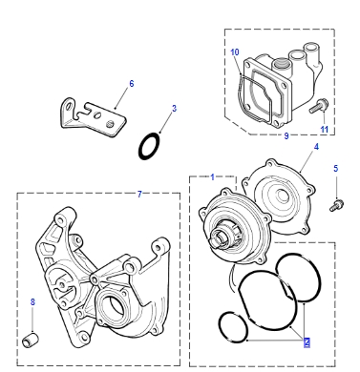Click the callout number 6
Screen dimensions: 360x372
(132, 84)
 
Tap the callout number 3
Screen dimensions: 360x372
(174, 109)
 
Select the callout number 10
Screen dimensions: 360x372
(235, 52)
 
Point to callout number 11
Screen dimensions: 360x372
(324, 130)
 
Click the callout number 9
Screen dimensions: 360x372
(286, 136)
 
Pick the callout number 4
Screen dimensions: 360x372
(316, 147)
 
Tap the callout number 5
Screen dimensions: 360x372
(336, 169)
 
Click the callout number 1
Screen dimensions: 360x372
(213, 177)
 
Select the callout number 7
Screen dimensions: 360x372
(139, 194)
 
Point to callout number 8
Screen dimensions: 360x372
(32, 302)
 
